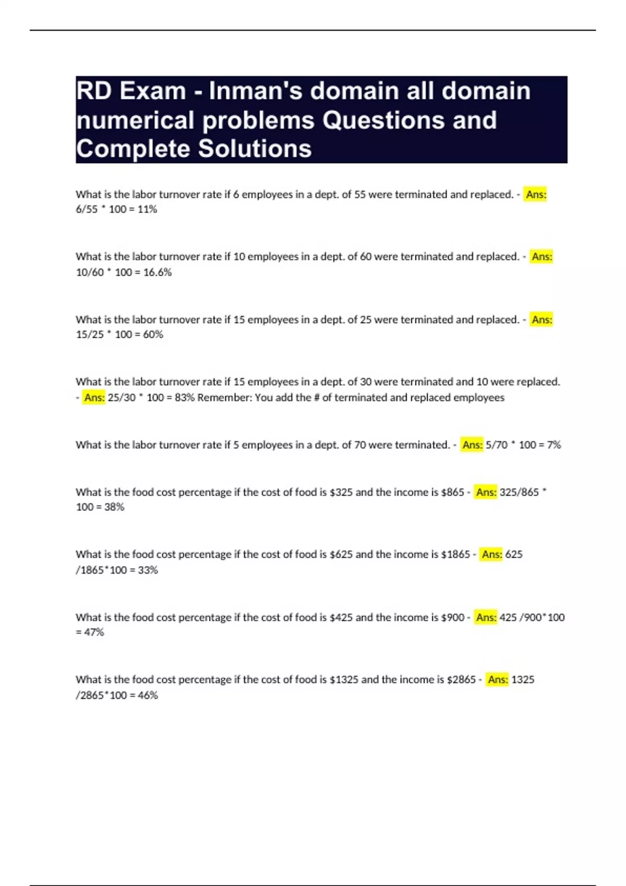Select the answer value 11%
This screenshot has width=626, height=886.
[x=147, y=210]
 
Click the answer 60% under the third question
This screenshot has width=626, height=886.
[x=153, y=335]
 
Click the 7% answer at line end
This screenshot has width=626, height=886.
[x=553, y=445]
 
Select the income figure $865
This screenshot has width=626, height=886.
[x=452, y=493]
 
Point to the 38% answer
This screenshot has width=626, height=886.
[x=114, y=507]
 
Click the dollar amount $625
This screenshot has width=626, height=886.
[x=341, y=555]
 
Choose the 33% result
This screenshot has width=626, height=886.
[x=148, y=570]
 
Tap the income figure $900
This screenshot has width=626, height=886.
[x=452, y=618]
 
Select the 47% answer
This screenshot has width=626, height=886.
[x=94, y=632]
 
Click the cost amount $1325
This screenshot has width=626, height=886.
[x=344, y=680]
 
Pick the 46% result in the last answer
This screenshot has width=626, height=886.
[x=148, y=695]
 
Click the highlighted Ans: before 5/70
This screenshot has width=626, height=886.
[x=472, y=445]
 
